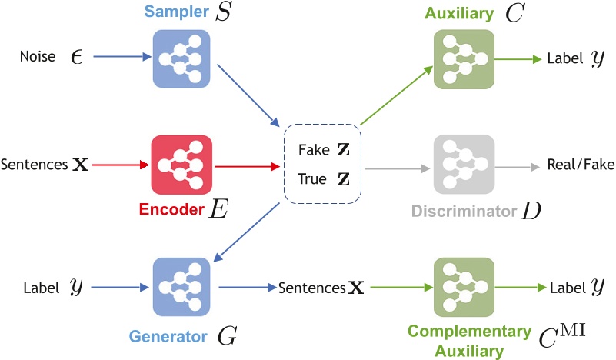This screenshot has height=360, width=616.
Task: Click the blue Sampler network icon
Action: click(x=181, y=59)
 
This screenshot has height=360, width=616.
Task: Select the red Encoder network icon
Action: click(x=181, y=165)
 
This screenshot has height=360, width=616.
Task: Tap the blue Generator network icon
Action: click(x=181, y=287)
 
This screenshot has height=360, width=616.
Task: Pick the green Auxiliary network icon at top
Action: click(x=464, y=59)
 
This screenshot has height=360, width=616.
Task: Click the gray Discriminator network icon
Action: click(x=464, y=165)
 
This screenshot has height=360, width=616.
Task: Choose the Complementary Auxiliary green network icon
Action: click(x=464, y=287)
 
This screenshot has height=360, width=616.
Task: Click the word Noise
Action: click(x=38, y=57)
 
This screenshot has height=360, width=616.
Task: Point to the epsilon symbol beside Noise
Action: click(x=77, y=58)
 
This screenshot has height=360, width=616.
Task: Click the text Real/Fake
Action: click(x=581, y=165)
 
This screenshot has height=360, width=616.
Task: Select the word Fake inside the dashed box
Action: click(x=314, y=150)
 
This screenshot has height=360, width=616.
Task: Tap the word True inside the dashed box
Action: click(x=312, y=178)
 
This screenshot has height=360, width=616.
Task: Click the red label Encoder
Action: click(x=171, y=209)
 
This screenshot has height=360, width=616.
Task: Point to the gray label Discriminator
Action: click(x=464, y=211)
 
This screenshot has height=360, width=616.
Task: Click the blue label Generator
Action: click(x=168, y=336)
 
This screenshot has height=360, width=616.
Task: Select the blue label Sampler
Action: click(x=176, y=12)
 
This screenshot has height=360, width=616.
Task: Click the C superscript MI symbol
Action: click(x=562, y=335)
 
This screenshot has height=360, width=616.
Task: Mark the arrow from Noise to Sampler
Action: click(x=122, y=57)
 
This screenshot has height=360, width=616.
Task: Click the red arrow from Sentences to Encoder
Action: click(x=120, y=165)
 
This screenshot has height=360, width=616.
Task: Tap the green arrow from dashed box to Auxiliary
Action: click(x=396, y=95)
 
